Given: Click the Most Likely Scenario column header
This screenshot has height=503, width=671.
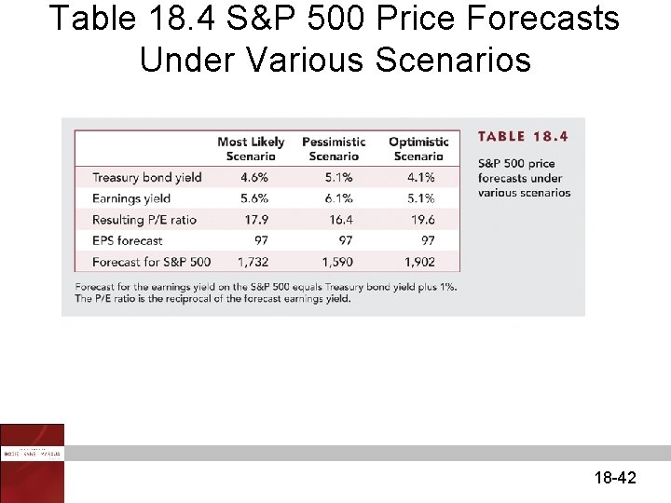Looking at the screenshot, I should (x=251, y=149).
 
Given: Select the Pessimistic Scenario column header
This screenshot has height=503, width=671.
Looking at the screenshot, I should (x=334, y=149).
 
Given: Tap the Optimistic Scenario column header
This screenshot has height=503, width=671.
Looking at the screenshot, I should (x=418, y=149).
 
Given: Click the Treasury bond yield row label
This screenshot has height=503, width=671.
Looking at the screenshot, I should (x=146, y=177).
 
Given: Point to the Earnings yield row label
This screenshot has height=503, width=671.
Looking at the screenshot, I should (x=131, y=198).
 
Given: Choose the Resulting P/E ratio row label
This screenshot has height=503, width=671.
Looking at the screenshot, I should (x=144, y=220).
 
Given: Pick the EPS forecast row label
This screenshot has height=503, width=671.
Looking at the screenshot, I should (x=127, y=241).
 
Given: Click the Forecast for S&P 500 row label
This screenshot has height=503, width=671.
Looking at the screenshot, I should (x=151, y=263).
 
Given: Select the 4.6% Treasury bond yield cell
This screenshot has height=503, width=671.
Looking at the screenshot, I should (x=253, y=177).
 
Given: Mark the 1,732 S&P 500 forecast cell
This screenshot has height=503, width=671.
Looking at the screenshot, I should (x=253, y=263).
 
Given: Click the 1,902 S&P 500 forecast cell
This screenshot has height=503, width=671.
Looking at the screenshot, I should (x=420, y=263).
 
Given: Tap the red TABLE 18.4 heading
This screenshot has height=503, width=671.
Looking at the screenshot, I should (x=523, y=137).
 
